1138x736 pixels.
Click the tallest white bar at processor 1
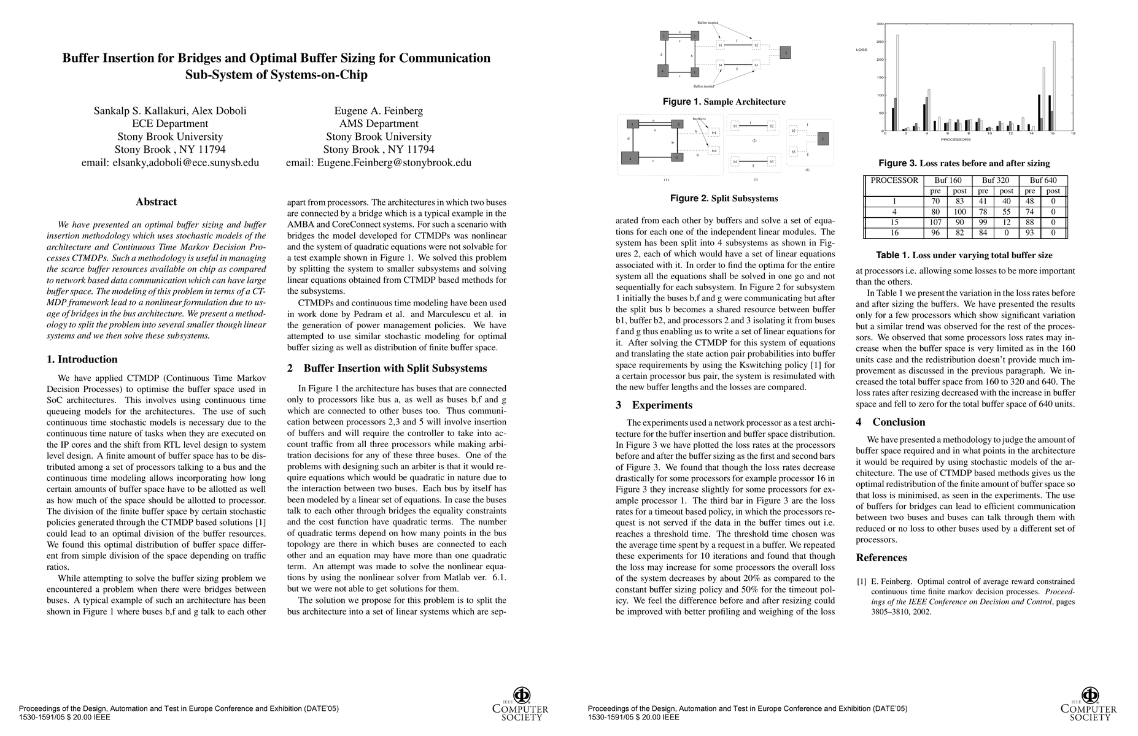tap(897, 83)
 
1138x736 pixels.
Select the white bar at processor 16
tap(1054, 86)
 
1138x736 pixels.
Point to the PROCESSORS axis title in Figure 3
tap(956, 140)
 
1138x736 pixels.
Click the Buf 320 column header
tap(995, 180)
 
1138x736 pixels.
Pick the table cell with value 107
tap(935, 222)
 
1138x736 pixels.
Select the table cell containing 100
tap(959, 212)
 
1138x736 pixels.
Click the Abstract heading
tap(156, 202)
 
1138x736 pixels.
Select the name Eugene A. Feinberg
tap(378, 111)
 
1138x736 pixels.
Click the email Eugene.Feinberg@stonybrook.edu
tap(378, 163)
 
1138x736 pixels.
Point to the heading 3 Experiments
tap(654, 405)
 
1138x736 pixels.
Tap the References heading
tap(881, 558)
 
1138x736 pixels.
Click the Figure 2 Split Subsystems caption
tap(724, 199)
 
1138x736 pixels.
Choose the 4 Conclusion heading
tap(890, 422)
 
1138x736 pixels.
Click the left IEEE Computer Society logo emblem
tap(521, 696)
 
